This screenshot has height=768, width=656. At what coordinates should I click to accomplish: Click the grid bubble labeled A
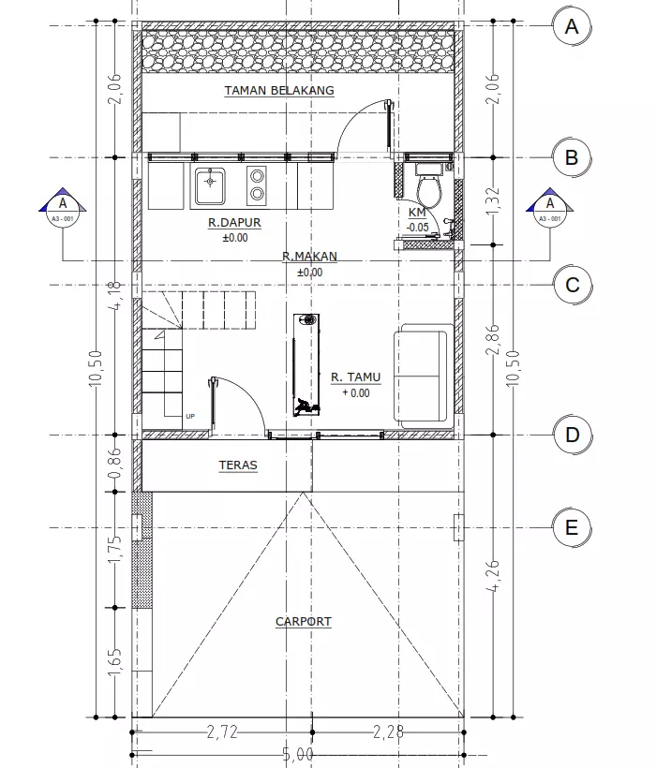click(x=572, y=27)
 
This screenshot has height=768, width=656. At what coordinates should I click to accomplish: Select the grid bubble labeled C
click(x=572, y=285)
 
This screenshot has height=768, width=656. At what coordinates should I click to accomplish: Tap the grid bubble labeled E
click(x=572, y=527)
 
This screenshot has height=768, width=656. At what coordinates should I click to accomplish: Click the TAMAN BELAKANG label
click(x=279, y=91)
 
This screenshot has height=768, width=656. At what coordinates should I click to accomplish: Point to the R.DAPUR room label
click(x=234, y=224)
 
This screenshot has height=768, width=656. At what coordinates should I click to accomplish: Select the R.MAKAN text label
click(x=309, y=257)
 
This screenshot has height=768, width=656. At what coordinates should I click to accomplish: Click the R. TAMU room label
click(x=356, y=377)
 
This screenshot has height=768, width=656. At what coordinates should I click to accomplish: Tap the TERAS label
click(x=238, y=465)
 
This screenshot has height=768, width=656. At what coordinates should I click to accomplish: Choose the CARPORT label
click(x=303, y=622)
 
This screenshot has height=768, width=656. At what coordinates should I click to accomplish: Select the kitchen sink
click(x=210, y=185)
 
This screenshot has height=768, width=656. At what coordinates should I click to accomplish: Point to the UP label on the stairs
click(x=191, y=416)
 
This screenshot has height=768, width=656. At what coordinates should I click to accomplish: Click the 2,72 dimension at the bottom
click(x=221, y=732)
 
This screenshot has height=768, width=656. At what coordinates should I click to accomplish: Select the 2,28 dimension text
click(x=387, y=732)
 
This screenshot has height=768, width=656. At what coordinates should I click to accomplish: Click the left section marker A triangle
click(x=63, y=206)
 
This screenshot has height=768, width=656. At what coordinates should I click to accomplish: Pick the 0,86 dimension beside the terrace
click(x=116, y=462)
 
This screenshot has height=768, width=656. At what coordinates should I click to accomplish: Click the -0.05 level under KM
click(x=418, y=227)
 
